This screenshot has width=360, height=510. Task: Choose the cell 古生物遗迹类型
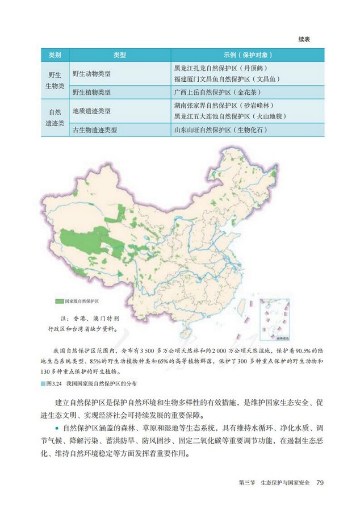pos(95,129)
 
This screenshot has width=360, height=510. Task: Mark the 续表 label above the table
pos(307,39)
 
